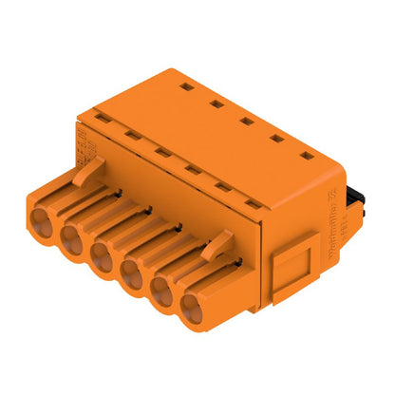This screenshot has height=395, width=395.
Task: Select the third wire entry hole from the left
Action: (103, 254)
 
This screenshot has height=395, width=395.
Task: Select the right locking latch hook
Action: (216, 245)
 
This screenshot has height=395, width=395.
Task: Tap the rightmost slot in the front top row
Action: (252, 201)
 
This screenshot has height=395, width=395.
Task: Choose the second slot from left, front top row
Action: (133, 137)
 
